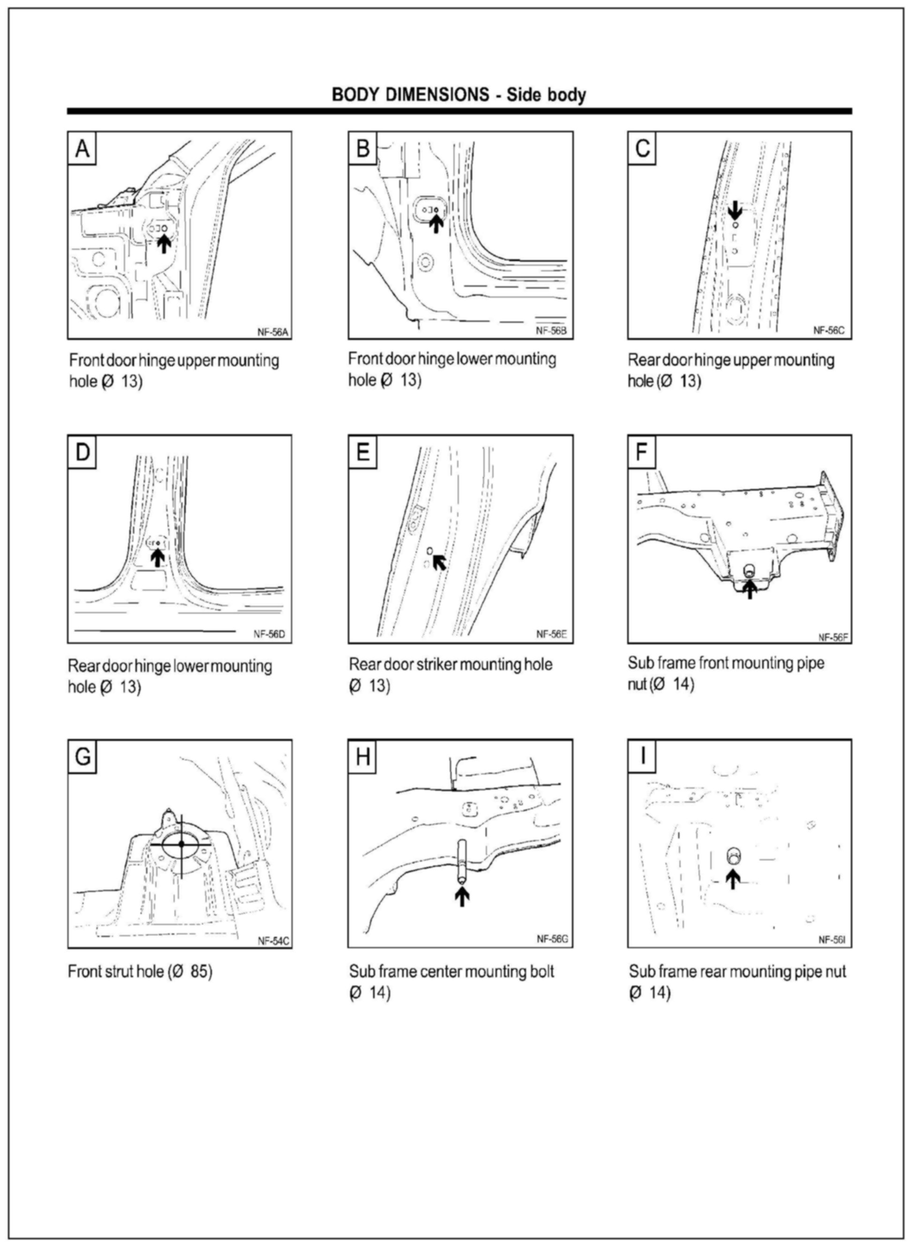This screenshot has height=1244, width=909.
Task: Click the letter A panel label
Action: (x=82, y=149)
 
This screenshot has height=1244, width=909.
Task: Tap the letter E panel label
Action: (x=362, y=452)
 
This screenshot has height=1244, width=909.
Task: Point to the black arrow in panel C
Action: (x=735, y=210)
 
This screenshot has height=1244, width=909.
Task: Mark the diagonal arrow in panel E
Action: (x=439, y=562)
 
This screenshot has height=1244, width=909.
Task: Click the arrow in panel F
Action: (x=750, y=589)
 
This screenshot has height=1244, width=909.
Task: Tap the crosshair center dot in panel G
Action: (x=181, y=844)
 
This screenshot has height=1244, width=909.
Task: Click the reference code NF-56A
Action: (x=272, y=332)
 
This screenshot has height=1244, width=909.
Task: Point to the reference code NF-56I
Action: (x=832, y=940)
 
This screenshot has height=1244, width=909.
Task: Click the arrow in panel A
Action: (x=164, y=244)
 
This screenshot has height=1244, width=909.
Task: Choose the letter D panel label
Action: (x=82, y=452)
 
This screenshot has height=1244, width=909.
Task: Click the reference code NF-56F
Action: (x=833, y=637)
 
